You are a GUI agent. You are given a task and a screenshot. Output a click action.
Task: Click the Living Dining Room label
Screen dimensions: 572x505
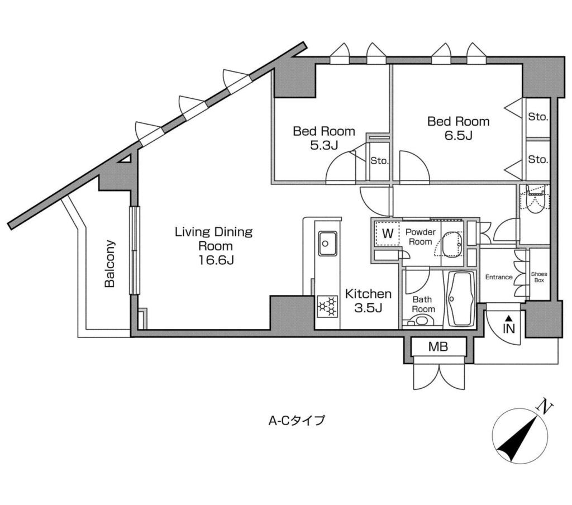pos(214,246)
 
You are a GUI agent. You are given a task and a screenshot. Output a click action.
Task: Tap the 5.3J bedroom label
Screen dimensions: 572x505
pos(323,138)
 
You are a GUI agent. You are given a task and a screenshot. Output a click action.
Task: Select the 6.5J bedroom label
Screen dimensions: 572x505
pos(458,128)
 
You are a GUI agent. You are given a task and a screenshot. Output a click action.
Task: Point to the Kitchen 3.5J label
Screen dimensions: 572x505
pos(368,301)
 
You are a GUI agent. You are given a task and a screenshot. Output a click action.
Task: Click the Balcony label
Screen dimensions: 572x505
pos(110,264)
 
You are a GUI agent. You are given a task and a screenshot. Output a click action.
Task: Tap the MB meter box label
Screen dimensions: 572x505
pos(438,346)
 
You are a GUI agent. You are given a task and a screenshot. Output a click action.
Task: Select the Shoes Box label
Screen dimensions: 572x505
pos(539,277)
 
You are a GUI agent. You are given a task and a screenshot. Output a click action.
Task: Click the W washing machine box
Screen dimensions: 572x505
pos(388,234)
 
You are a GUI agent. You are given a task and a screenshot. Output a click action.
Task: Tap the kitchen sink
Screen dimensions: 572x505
pos(326,244)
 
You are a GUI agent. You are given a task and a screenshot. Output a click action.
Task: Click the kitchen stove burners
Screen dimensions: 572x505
pos(326,306)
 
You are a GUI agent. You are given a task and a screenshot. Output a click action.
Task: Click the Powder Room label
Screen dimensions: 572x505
pos(420,237)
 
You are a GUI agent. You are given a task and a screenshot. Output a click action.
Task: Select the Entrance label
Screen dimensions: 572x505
pos(499,277)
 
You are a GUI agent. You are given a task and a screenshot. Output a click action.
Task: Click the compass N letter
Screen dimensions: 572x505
pos(545,407)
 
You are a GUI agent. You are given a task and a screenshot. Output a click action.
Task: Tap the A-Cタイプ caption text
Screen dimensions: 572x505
pos(296,421)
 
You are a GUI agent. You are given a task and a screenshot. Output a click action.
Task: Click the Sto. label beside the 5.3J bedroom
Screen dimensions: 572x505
pos(379,160)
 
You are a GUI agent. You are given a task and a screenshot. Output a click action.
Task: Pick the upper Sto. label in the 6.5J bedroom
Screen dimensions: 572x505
pos(538,117)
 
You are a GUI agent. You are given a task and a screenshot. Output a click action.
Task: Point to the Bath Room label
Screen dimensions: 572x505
pos(423,304)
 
